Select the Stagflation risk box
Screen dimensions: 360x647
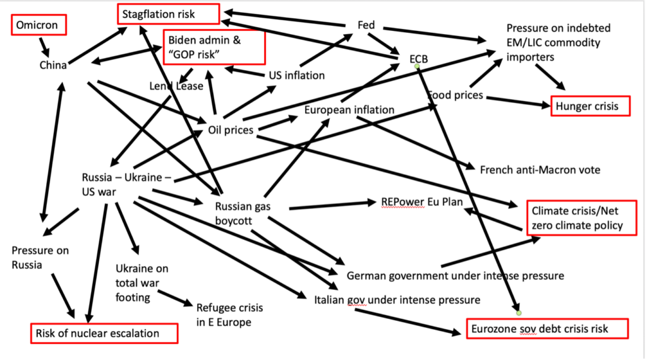(x=168, y=13)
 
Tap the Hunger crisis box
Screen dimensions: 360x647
(x=591, y=106)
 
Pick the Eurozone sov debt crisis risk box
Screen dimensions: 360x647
(x=547, y=328)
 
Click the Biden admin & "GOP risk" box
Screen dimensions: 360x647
(x=214, y=47)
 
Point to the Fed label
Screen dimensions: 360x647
(x=366, y=25)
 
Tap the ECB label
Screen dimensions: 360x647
(x=418, y=59)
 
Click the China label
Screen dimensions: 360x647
(x=53, y=65)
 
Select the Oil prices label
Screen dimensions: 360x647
(x=231, y=130)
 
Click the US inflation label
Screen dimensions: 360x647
(x=296, y=75)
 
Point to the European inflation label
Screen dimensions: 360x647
(x=349, y=109)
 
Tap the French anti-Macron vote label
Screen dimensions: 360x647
(x=540, y=170)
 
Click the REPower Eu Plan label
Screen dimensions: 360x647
(x=422, y=202)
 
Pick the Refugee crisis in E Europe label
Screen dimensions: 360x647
(x=229, y=315)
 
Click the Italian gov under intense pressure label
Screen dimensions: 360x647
(x=397, y=299)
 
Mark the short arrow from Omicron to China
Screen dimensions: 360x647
(x=44, y=45)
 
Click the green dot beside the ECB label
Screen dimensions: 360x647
(x=417, y=66)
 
